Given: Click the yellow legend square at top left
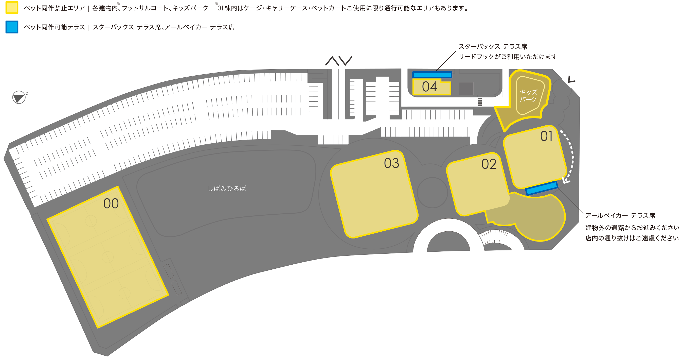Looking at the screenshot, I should point(12,7).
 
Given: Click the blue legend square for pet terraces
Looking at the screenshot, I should point(12,27).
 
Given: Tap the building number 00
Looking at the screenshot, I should point(111,204).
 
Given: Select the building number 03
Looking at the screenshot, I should point(391,163).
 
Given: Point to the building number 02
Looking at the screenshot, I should point(489,164).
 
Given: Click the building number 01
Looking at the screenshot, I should point(546,136).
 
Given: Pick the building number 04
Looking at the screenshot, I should point(429,87).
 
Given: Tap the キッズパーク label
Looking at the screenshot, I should point(528,96).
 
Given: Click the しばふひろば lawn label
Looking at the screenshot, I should point(227,188).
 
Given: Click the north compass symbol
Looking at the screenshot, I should point(19,97).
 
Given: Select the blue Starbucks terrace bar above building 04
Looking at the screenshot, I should point(432,75).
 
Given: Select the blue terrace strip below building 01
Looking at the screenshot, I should point(542,188).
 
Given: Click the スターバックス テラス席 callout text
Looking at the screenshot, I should point(493,47).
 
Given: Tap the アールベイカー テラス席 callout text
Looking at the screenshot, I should point(620,215).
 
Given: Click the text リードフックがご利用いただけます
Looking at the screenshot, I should point(508,57).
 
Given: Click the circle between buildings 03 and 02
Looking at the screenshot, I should point(432,192).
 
